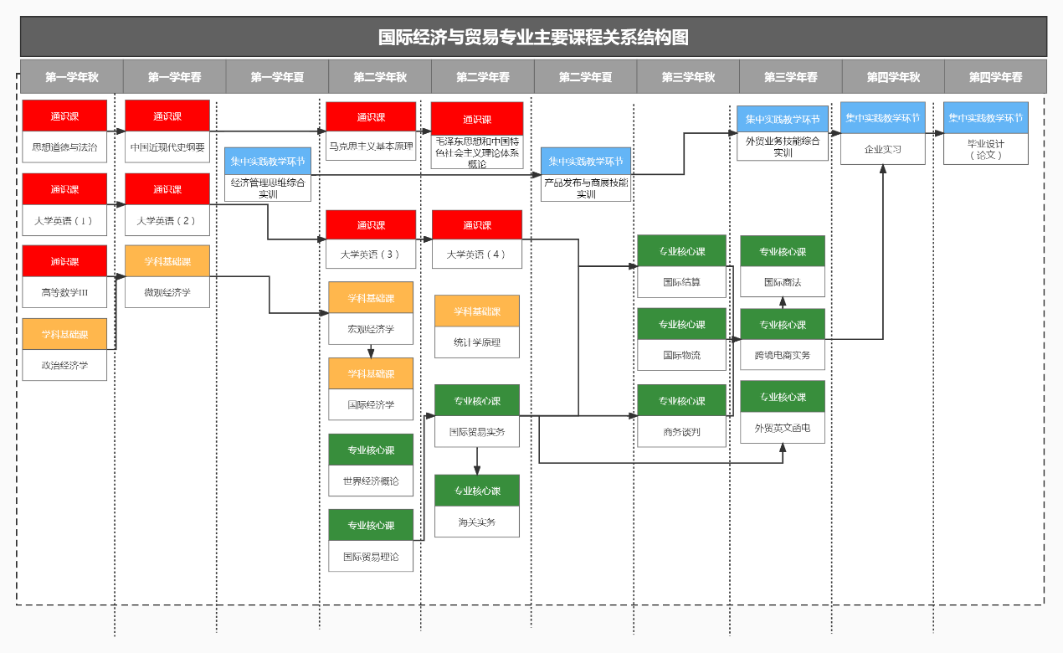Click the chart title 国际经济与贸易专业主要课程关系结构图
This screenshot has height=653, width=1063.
(x=533, y=38)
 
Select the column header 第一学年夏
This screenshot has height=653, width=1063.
(x=277, y=77)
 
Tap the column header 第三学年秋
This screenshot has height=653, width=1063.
(x=688, y=77)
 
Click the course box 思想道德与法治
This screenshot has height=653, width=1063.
(x=64, y=147)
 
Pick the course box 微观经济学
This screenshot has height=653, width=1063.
(x=167, y=292)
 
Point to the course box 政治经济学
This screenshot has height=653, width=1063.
(x=64, y=365)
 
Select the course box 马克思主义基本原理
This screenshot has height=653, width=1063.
(x=371, y=147)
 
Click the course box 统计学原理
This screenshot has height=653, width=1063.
(x=477, y=342)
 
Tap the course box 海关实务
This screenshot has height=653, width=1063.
(x=477, y=522)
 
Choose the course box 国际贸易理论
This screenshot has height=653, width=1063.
(x=371, y=556)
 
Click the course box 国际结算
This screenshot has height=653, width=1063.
(x=681, y=282)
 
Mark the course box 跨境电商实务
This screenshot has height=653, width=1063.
(x=783, y=355)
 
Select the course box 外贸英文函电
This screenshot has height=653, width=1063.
(x=783, y=427)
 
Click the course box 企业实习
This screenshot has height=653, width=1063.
(x=883, y=149)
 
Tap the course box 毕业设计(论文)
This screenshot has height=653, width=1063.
(x=986, y=149)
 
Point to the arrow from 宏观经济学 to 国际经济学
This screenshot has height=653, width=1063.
(x=371, y=351)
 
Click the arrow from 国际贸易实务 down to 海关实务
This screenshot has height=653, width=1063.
(x=477, y=460)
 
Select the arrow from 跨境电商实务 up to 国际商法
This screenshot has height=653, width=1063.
(x=783, y=302)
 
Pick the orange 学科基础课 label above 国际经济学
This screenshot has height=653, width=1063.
(x=371, y=373)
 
